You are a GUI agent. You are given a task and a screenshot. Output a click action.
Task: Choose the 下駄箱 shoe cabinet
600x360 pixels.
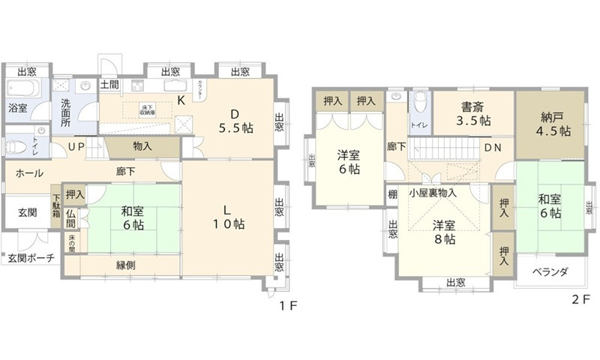(56, 206)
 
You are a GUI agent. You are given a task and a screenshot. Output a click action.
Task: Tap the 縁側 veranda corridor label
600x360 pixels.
(125, 265)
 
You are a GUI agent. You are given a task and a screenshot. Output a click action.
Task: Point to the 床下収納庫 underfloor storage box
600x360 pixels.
(147, 109)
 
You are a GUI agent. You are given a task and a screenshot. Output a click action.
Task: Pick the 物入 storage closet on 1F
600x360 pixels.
(142, 147)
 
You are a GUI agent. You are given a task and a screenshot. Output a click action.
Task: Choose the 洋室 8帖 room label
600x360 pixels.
(444, 231)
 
